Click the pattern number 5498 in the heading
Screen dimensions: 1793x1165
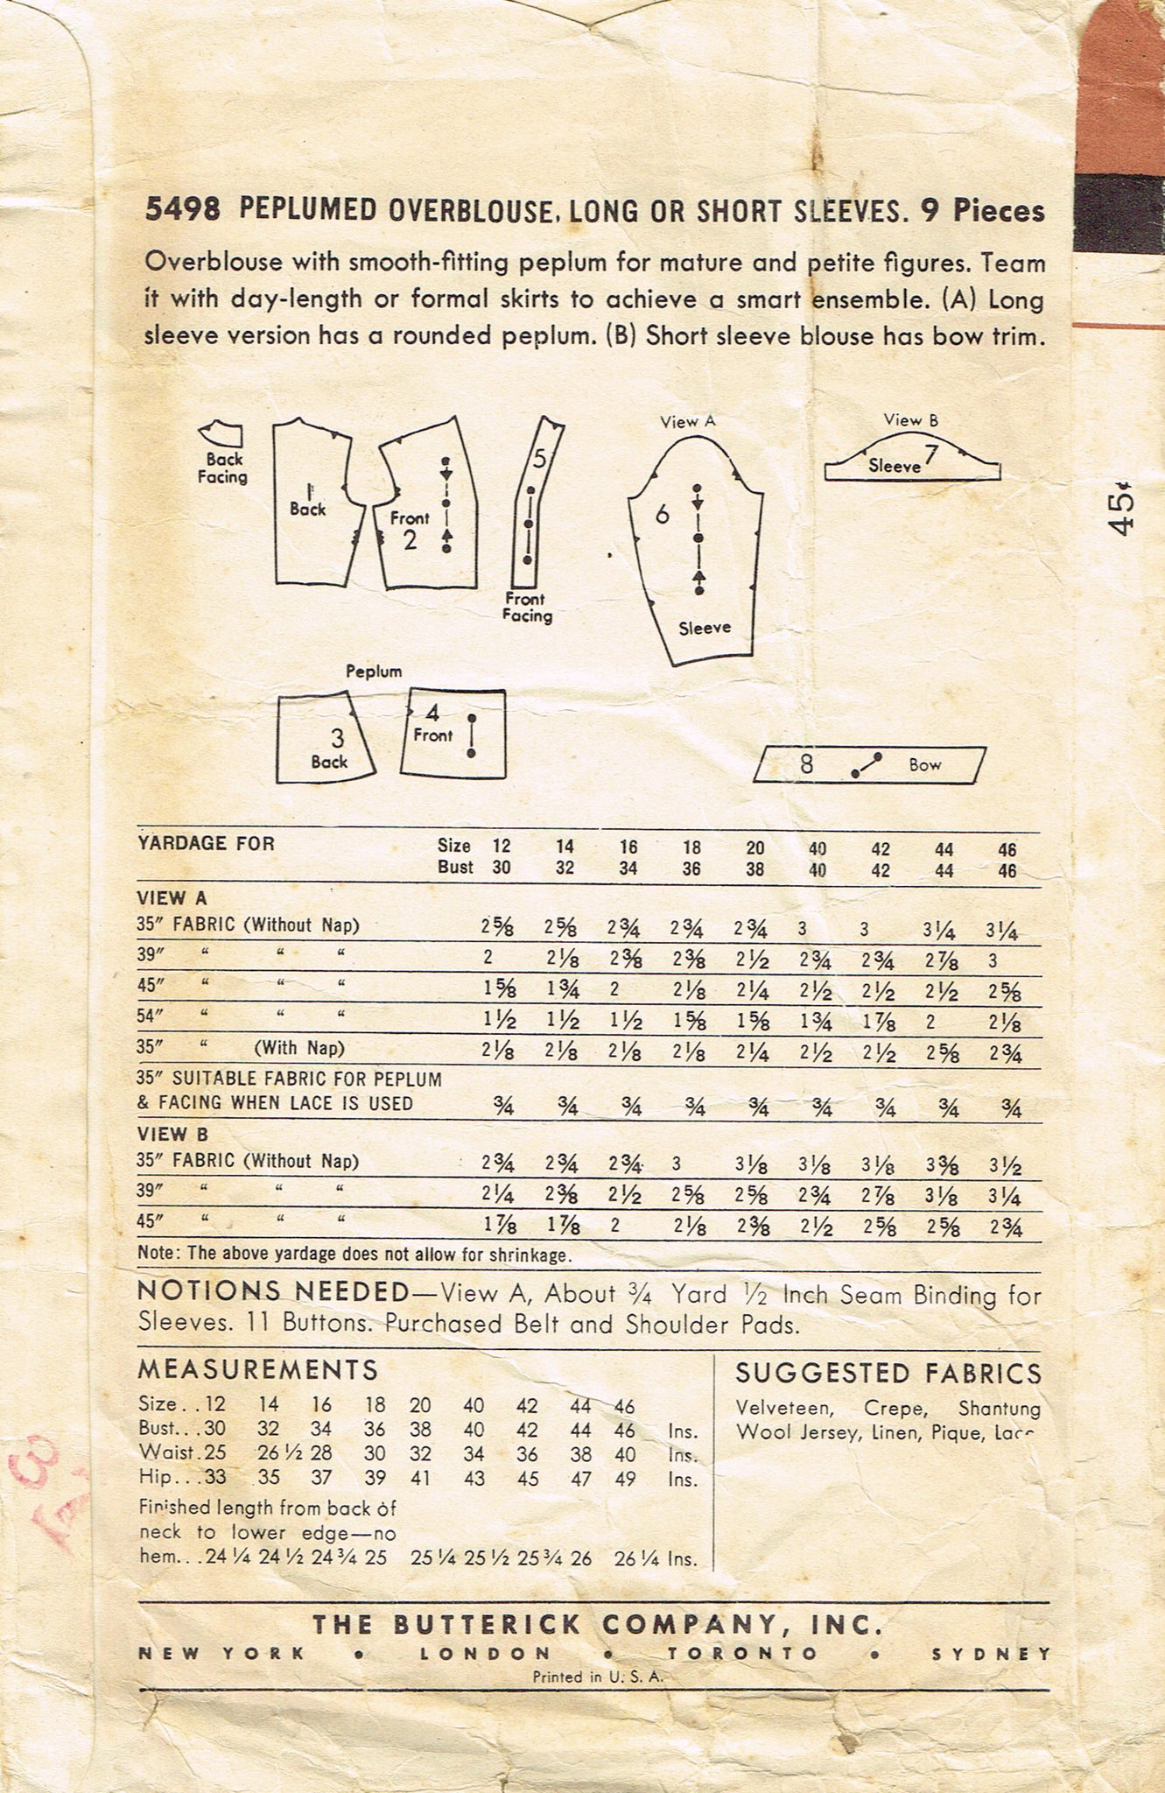pyautogui.click(x=182, y=210)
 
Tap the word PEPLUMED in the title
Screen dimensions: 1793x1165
pyautogui.click(x=307, y=210)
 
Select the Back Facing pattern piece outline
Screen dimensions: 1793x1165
pyautogui.click(x=222, y=434)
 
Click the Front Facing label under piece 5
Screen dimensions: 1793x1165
pyautogui.click(x=527, y=607)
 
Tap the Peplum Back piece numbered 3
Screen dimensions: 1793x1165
pyautogui.click(x=325, y=741)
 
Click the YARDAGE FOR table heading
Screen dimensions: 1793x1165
pyautogui.click(x=206, y=844)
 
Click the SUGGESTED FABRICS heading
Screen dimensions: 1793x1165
pyautogui.click(x=888, y=1373)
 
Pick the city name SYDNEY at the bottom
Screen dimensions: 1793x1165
pyautogui.click(x=991, y=1654)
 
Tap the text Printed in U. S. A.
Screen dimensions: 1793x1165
pyautogui.click(x=599, y=1677)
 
